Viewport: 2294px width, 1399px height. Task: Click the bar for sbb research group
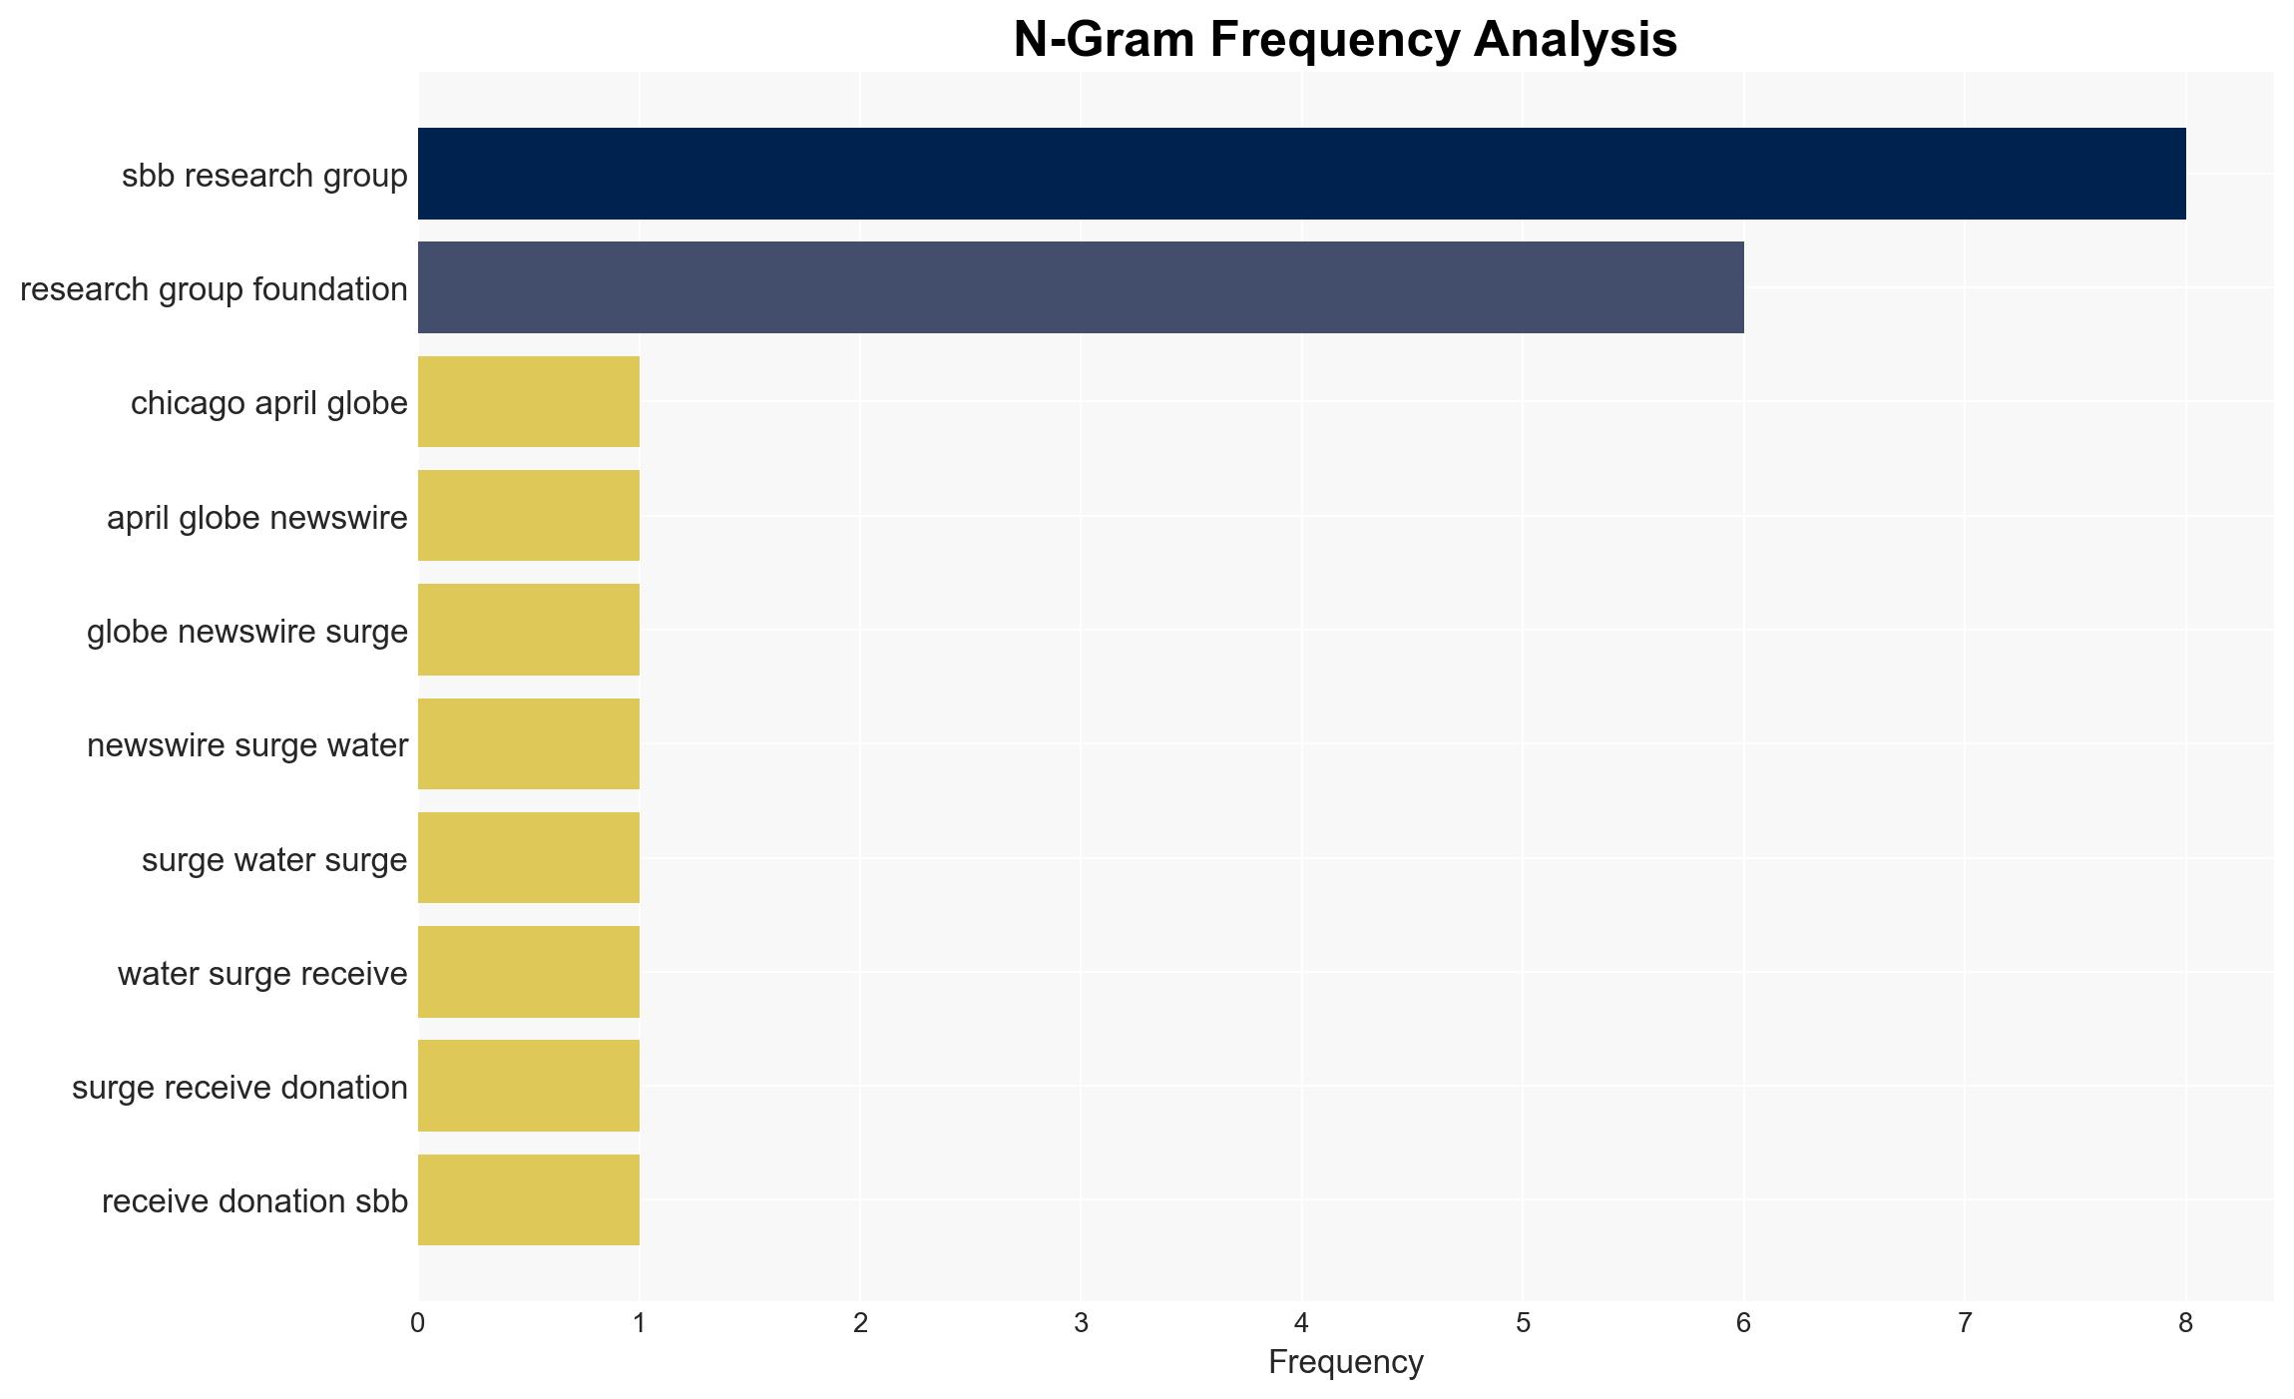[1301, 174]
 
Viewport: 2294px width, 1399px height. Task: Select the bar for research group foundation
[1081, 287]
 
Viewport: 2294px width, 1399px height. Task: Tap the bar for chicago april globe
[529, 401]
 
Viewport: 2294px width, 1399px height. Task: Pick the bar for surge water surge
[529, 858]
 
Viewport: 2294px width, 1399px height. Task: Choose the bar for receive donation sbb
[529, 1200]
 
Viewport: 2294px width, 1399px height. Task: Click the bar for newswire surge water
[529, 744]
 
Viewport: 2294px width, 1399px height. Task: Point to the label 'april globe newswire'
[257, 518]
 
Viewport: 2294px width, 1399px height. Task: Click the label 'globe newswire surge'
[247, 632]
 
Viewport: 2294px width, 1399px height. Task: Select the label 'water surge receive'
[262, 974]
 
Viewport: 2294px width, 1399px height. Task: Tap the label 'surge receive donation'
[239, 1088]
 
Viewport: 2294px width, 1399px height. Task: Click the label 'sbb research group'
[264, 176]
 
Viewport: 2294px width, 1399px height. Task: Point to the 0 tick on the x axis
[418, 1323]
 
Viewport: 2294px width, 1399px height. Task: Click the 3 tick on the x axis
[1081, 1323]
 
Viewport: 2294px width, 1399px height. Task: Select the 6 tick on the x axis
[1744, 1323]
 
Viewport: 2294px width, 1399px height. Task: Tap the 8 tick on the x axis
[2186, 1323]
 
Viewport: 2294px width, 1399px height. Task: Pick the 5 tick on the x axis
[1523, 1323]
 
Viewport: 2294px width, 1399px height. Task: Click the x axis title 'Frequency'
[1346, 1362]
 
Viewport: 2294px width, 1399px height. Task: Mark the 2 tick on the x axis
[860, 1323]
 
